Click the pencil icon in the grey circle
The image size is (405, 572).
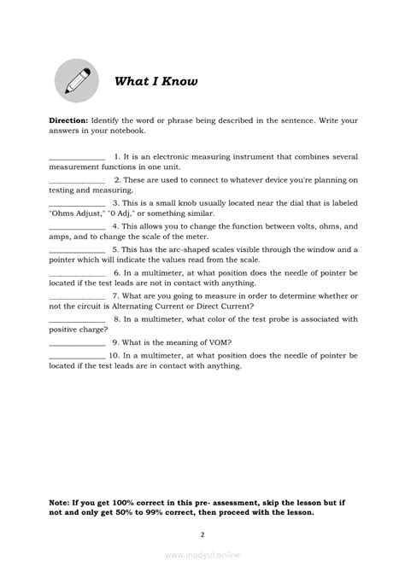pos(75,81)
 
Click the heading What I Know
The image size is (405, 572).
pos(156,82)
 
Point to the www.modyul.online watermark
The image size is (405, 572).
pos(202,554)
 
